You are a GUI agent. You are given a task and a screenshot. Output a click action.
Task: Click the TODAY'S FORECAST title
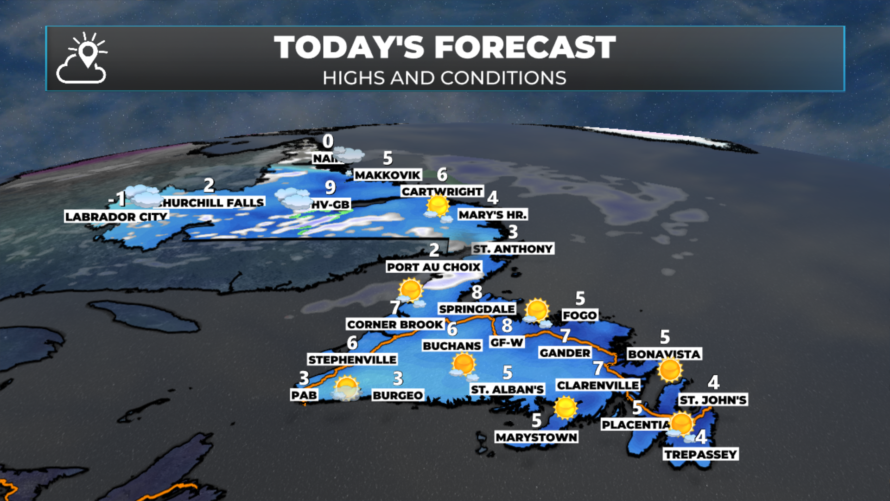coord(445,47)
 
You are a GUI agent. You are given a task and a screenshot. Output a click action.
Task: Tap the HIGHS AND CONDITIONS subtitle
coord(445,78)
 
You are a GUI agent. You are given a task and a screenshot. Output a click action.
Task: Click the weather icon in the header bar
coord(82,58)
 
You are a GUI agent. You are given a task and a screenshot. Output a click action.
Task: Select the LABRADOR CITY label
coord(116,217)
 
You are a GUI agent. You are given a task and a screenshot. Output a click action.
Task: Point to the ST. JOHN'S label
coord(713,400)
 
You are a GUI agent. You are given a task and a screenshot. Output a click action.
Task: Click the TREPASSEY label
coord(700,454)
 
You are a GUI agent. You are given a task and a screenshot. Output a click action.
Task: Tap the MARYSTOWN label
coord(536,437)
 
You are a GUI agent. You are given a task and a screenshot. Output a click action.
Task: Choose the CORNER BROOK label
coord(395,324)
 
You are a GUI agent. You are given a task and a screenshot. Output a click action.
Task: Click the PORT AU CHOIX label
coord(434,267)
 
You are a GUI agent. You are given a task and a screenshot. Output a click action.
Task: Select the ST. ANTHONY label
coord(513,249)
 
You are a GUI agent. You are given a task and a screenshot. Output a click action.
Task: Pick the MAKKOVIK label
coord(388,175)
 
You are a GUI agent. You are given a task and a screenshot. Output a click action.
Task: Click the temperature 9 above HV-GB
coord(330,187)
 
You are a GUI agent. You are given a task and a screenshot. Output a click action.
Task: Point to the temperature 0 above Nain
coord(328,141)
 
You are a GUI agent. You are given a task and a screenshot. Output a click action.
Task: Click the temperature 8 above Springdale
coord(477,292)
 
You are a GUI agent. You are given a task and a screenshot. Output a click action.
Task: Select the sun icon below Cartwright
coord(437,206)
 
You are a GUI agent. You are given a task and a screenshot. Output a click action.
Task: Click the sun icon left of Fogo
coord(537,310)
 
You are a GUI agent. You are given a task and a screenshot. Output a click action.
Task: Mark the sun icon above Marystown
coord(565,407)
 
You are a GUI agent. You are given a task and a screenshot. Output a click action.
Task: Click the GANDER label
coord(565,353)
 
